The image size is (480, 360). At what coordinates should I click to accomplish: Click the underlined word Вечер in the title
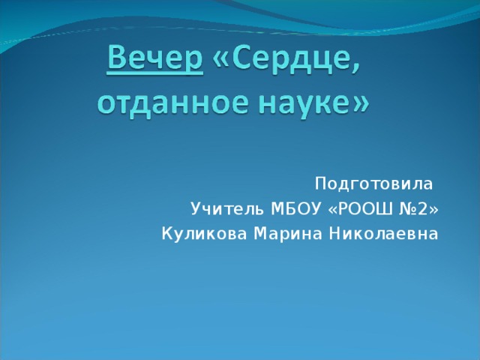tap(155, 58)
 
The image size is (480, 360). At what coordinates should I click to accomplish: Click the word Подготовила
tap(373, 184)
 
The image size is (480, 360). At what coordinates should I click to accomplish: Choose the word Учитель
tap(227, 208)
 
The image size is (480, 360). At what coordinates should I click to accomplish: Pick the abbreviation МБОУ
tap(295, 208)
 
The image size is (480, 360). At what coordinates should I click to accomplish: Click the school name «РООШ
tap(360, 208)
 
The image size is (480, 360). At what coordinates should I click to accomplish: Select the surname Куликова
tap(204, 234)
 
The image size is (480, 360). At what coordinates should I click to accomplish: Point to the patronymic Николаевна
tap(384, 234)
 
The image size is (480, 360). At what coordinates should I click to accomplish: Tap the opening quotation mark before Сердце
tap(221, 59)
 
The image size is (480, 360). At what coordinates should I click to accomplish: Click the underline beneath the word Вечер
tap(155, 73)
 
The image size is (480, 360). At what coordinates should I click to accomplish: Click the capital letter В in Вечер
tap(118, 58)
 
